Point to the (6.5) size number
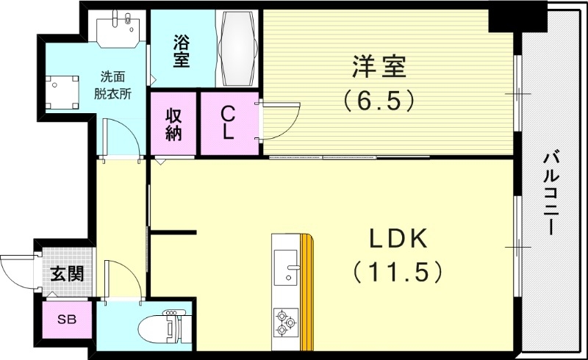tap(376, 99)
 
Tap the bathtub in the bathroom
tap(238, 48)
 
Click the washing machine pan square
tap(62, 92)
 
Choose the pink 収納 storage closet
tap(173, 124)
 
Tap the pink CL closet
tap(229, 123)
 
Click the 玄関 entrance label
tap(66, 275)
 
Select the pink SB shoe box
tap(66, 319)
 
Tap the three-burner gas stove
tap(284, 320)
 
